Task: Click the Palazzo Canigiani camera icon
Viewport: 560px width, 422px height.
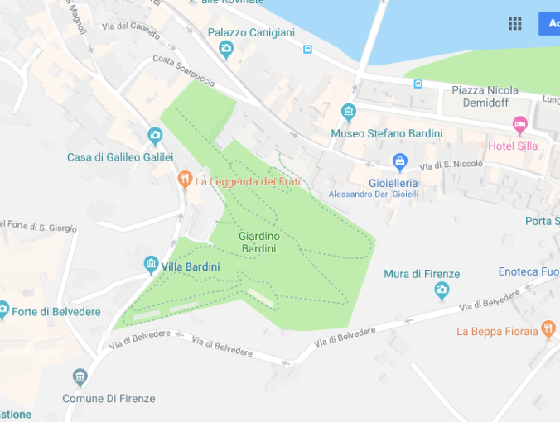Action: point(226,50)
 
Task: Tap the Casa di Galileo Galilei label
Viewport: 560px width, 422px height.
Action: point(120,157)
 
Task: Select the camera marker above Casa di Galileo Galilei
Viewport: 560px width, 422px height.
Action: point(154,136)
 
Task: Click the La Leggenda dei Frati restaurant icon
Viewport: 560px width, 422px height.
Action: point(185,179)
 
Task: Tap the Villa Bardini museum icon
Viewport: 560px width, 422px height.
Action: point(151,265)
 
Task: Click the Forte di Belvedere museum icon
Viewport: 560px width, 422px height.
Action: point(3,311)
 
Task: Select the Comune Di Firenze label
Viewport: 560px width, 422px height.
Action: point(109,398)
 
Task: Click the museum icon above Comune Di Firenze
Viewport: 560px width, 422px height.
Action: point(80,378)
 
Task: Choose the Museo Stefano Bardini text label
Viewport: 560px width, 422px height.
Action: point(386,133)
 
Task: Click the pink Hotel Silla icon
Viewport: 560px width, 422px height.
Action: point(520,126)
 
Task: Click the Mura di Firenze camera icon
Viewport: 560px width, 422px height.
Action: point(442,290)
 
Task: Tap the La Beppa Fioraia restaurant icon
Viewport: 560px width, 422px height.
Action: point(548,330)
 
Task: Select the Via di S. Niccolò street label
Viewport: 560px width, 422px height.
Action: point(451,165)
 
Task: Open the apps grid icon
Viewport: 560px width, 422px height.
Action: point(515,23)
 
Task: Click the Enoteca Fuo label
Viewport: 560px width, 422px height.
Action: point(529,271)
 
